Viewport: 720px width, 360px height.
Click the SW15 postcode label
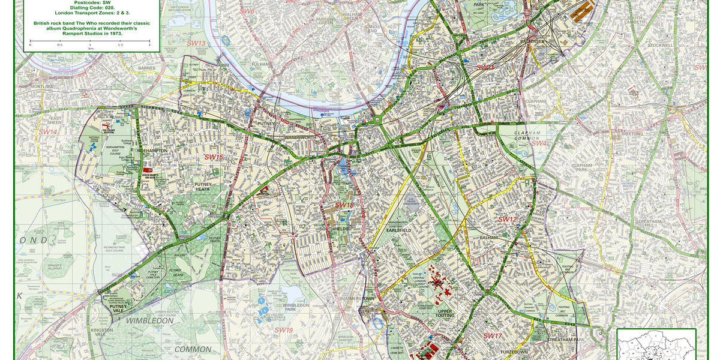pos(214,157)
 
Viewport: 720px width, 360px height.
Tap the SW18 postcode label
pos(344,205)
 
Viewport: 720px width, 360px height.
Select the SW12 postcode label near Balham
pos(508,220)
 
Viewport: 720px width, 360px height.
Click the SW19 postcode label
pos(283,330)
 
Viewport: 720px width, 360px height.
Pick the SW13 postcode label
pos(196,43)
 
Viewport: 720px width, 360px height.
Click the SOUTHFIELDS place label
pos(334,229)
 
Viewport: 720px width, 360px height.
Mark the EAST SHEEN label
pos(55,119)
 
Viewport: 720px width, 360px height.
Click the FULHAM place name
pos(261,64)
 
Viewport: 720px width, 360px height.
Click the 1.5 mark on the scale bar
pos(119,45)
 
